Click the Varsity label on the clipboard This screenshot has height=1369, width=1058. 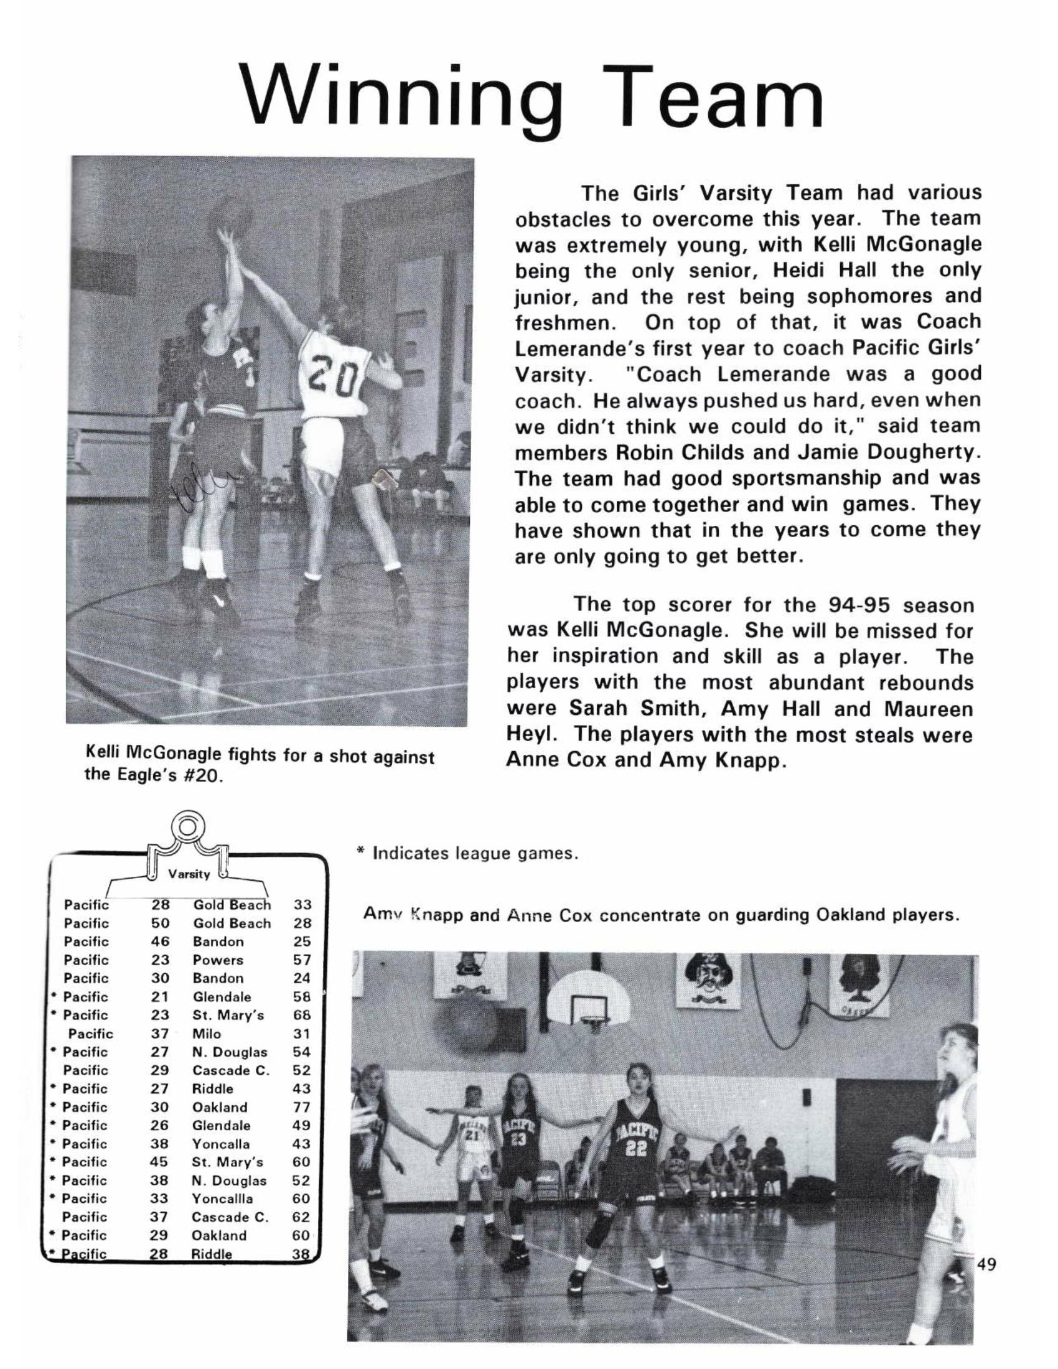[188, 874]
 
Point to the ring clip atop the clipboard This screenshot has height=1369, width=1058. [186, 829]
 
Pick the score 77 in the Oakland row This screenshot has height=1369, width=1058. [301, 1108]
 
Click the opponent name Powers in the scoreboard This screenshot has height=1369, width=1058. [217, 960]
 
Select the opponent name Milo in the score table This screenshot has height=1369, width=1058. [206, 1034]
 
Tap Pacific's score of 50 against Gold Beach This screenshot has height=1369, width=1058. [160, 923]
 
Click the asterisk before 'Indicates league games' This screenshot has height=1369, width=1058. [360, 851]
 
